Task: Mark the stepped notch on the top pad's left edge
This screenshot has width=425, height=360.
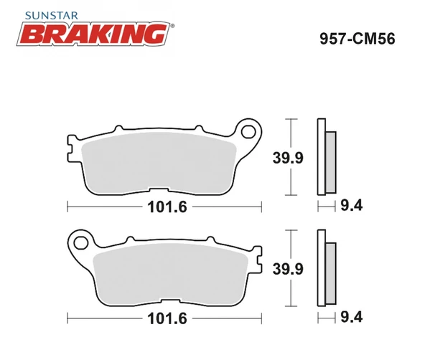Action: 71,149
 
